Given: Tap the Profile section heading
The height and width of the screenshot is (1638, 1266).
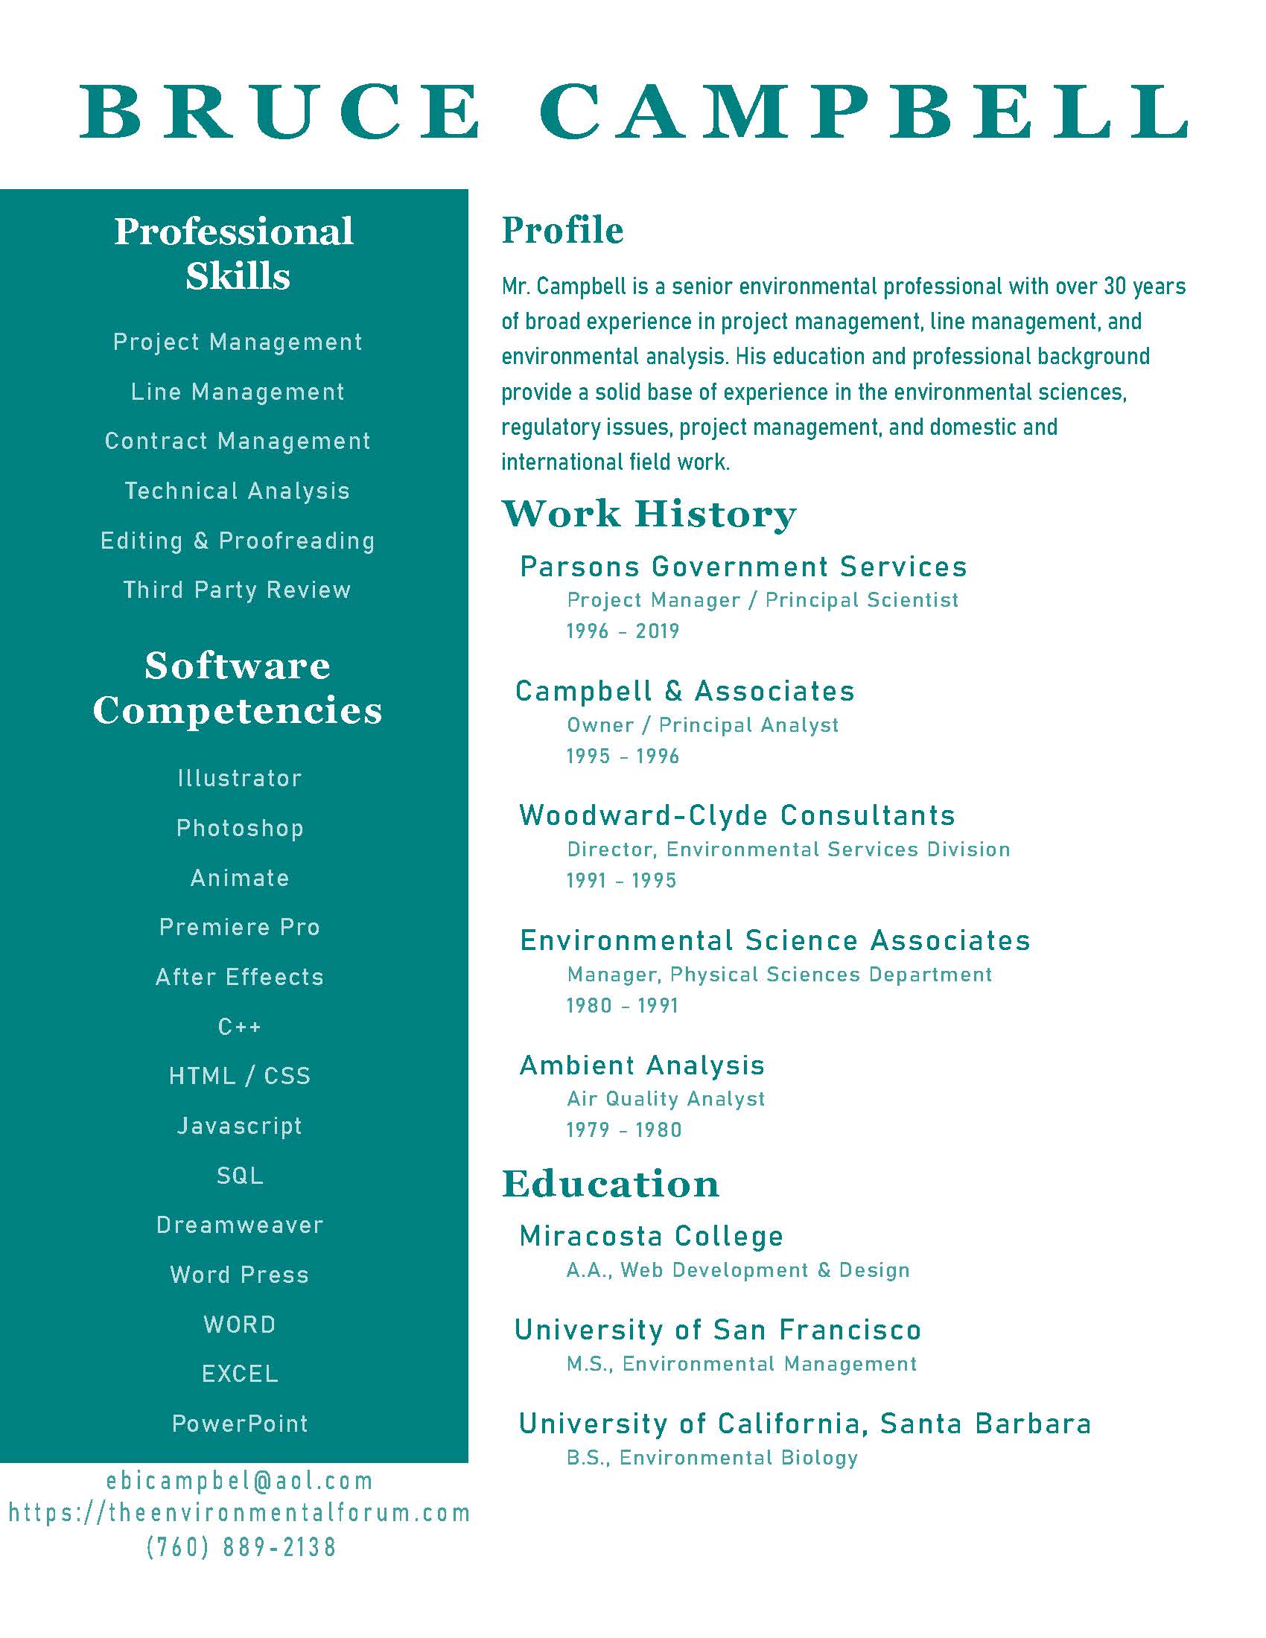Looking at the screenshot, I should [x=562, y=229].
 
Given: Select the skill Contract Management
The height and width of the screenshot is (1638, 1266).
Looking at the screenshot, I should [x=238, y=441].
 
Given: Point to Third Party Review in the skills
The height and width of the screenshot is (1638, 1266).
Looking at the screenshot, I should [x=237, y=590].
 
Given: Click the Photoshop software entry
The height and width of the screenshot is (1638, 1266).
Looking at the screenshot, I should [x=240, y=828].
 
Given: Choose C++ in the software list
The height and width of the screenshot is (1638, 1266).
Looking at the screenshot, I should [x=240, y=1026].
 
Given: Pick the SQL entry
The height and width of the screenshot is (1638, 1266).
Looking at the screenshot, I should [x=240, y=1175].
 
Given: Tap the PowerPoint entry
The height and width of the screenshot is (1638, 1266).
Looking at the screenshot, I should [x=240, y=1424].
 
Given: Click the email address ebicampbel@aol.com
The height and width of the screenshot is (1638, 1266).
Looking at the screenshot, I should [x=240, y=1481].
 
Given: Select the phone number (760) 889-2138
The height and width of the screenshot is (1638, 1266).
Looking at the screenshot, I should [x=241, y=1546].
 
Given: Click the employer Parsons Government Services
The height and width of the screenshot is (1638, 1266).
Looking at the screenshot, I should [x=743, y=567].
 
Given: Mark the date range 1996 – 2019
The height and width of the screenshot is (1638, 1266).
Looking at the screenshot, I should [x=623, y=631].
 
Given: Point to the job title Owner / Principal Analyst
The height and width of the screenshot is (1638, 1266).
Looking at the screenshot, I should [x=703, y=725].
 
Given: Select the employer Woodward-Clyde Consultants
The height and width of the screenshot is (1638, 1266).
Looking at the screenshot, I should [x=737, y=815].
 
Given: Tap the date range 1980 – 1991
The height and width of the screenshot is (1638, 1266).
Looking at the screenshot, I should [x=623, y=1005].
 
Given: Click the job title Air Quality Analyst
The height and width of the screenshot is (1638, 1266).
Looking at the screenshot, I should [x=666, y=1099].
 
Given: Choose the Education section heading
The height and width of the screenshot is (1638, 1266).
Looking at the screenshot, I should [x=611, y=1185].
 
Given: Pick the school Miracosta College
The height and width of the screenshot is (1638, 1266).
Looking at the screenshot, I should [x=651, y=1236].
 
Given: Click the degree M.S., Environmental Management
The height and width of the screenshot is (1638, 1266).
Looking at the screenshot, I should [x=742, y=1363].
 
